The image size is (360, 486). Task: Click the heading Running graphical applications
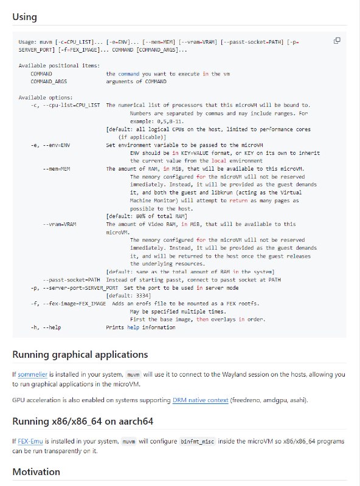tap(80, 354)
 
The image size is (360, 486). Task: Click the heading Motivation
tap(36, 471)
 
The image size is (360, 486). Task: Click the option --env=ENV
tap(57, 145)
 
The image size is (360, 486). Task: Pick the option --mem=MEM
tap(58, 168)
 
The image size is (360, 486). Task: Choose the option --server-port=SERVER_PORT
tap(81, 287)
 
